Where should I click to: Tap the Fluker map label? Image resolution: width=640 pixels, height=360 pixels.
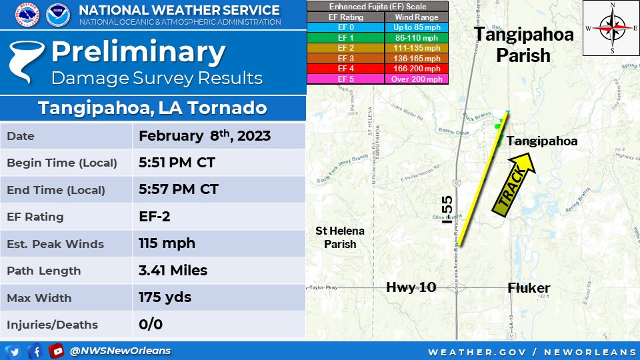(529, 288)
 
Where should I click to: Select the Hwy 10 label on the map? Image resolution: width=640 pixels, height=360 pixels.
(411, 287)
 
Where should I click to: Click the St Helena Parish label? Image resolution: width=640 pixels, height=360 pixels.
(340, 237)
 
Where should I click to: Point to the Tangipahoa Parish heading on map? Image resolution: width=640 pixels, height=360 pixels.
(523, 44)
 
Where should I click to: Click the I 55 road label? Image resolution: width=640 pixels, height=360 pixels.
(447, 219)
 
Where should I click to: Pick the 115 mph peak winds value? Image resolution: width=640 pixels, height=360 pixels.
(167, 243)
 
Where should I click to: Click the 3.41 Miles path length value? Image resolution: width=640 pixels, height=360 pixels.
(173, 270)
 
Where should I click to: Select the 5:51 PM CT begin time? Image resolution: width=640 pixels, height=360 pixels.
(177, 163)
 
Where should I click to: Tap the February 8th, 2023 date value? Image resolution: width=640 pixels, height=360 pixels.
(204, 136)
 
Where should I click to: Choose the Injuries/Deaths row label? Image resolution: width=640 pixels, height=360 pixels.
(52, 325)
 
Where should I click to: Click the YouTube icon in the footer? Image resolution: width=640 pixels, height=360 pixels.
(57, 351)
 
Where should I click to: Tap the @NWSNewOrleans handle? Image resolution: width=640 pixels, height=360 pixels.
(120, 351)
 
